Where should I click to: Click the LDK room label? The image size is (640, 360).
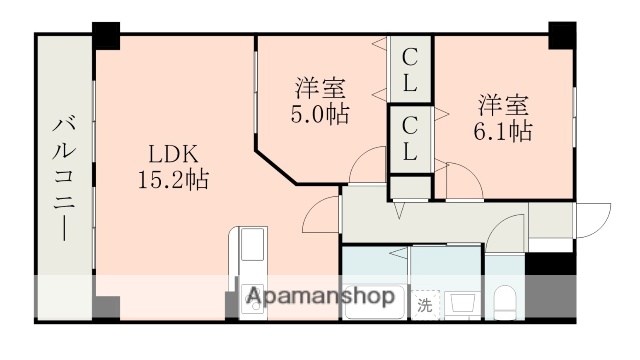click(174, 155)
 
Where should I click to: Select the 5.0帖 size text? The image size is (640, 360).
click(321, 114)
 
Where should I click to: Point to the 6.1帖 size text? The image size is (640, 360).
click(503, 130)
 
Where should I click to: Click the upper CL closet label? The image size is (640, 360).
click(410, 70)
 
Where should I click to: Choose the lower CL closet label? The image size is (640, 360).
click(410, 139)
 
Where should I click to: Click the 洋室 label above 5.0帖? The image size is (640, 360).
click(321, 87)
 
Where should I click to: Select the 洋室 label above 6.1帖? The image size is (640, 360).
click(503, 104)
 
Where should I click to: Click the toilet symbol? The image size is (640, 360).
click(505, 301)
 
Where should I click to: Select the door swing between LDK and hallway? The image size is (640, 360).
click(323, 212)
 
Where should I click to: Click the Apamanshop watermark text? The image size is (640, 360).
click(320, 297)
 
